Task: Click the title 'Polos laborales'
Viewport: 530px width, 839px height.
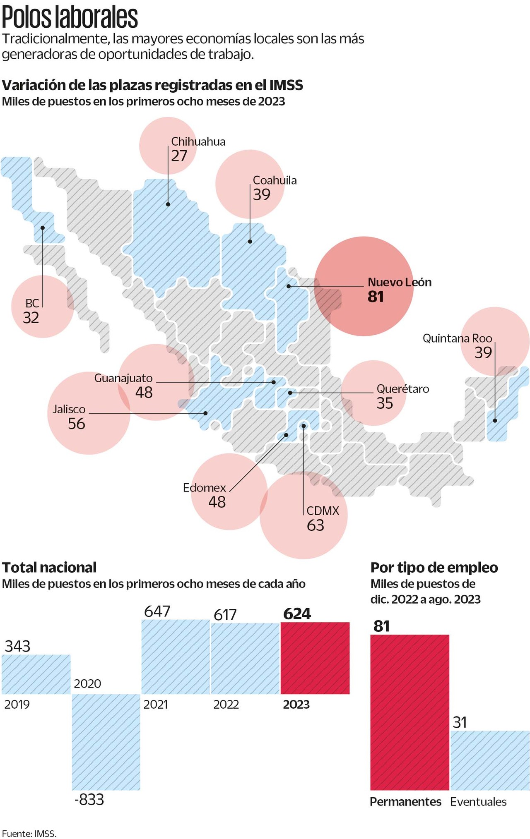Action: click(70, 17)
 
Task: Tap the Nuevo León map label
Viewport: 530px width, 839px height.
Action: click(399, 282)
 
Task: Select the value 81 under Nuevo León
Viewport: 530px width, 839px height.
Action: click(376, 297)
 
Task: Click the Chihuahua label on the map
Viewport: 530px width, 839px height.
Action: click(198, 141)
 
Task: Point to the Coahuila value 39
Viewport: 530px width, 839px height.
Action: click(262, 194)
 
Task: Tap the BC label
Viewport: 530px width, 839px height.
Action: click(32, 303)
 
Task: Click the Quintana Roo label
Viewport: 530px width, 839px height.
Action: click(457, 338)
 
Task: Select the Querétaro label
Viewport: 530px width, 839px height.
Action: click(402, 389)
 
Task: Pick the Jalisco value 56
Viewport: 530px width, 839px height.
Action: click(77, 424)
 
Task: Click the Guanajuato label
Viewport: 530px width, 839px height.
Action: click(123, 378)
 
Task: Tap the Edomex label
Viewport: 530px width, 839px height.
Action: click(205, 488)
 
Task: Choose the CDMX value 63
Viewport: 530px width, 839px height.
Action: click(316, 525)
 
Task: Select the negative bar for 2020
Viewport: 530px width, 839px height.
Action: click(106, 742)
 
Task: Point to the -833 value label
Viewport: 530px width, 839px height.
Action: click(89, 800)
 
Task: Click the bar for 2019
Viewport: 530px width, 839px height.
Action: click(36, 674)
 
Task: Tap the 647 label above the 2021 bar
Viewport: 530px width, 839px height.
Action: click(157, 611)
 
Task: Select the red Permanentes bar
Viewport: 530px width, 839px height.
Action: click(410, 712)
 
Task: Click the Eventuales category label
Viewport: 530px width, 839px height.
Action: click(478, 802)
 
